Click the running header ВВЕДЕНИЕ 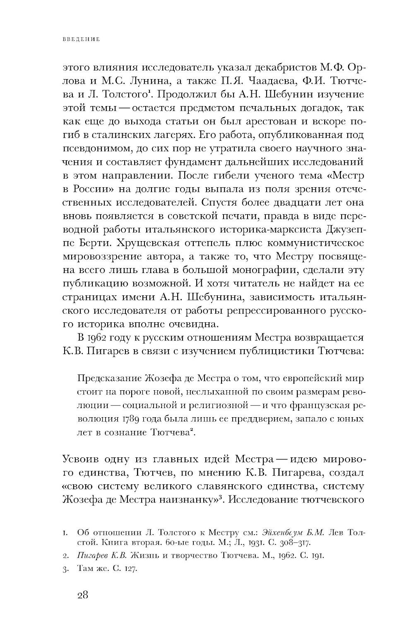tap(81, 40)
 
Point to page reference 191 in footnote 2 tap(318, 556)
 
